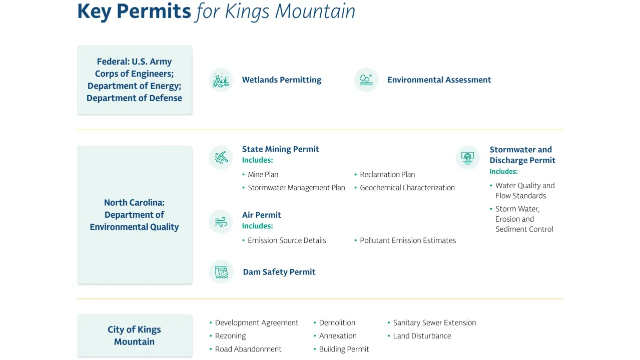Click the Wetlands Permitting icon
pyautogui.click(x=221, y=80)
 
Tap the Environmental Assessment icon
pyautogui.click(x=366, y=80)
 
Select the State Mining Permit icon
pyautogui.click(x=221, y=158)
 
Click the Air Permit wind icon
pyautogui.click(x=221, y=222)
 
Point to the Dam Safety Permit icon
pyautogui.click(x=221, y=272)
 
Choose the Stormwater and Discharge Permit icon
pyautogui.click(x=468, y=158)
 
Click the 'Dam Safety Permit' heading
pyautogui.click(x=279, y=272)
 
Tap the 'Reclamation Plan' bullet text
pyautogui.click(x=387, y=174)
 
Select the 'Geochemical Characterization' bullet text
pyautogui.click(x=407, y=188)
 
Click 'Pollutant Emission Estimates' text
pyautogui.click(x=408, y=240)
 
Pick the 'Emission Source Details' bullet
pyautogui.click(x=287, y=240)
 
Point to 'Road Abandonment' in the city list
pyautogui.click(x=248, y=349)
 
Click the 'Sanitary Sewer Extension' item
pyautogui.click(x=434, y=322)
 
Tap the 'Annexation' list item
pyautogui.click(x=338, y=336)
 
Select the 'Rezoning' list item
pyautogui.click(x=230, y=336)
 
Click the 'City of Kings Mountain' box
pyautogui.click(x=134, y=335)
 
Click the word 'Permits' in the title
pyautogui.click(x=154, y=12)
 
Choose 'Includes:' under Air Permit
pyautogui.click(x=257, y=226)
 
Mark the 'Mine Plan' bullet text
pyautogui.click(x=263, y=174)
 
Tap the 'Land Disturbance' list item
pyautogui.click(x=422, y=336)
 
